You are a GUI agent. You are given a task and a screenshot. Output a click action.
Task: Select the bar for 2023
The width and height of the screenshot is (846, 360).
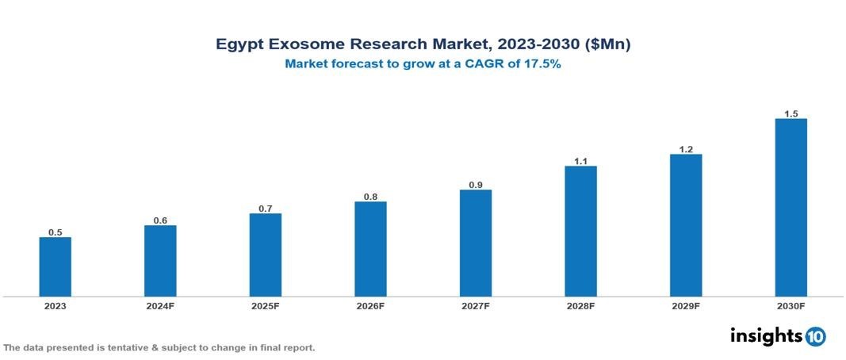coord(56,266)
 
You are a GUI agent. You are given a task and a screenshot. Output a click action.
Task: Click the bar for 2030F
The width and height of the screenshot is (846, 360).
coord(790,208)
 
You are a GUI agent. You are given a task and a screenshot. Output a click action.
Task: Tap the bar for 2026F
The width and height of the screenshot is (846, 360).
coord(370,249)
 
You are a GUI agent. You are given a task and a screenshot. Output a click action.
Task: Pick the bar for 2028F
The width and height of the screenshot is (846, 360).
coord(580,231)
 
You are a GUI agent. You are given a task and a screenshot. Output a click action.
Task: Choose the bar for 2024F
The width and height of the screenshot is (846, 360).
coord(160,261)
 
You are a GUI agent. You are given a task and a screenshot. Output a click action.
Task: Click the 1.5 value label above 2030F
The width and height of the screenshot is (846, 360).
coord(790,113)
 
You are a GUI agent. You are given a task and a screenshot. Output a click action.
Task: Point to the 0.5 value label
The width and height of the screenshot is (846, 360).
coord(56,232)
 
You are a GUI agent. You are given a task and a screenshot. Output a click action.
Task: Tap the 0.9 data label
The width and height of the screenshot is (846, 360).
coord(475,185)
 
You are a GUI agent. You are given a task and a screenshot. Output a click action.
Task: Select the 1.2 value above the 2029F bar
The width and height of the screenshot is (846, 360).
coord(686,149)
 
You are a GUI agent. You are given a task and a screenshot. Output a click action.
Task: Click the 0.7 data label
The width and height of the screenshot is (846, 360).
coord(266,209)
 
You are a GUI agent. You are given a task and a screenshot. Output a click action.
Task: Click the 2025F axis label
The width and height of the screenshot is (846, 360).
coord(266,306)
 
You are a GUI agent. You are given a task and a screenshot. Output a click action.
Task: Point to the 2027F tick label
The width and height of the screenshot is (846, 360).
coord(475,306)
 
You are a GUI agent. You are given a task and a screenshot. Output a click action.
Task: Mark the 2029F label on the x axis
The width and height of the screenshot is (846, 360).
coord(686,306)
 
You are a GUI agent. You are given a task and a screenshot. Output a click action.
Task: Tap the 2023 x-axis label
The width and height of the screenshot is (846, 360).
coord(56,306)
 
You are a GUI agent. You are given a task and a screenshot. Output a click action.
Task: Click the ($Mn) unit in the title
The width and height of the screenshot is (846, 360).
coord(607,45)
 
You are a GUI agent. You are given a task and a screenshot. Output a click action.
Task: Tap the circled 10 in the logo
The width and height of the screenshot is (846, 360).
coord(815,336)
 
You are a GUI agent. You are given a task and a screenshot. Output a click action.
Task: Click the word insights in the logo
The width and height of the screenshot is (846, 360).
coord(766,335)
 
